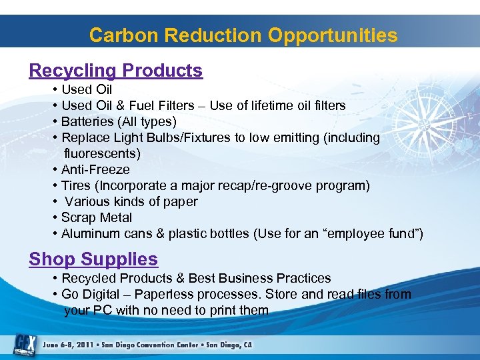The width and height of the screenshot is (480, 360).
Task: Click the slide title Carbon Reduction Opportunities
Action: (243, 35)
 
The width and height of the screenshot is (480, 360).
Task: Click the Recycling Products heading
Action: (115, 71)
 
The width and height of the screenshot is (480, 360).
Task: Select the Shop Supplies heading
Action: (93, 259)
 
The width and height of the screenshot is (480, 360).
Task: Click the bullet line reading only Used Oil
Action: (86, 89)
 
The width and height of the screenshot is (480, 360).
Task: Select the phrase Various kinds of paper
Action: (131, 201)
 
